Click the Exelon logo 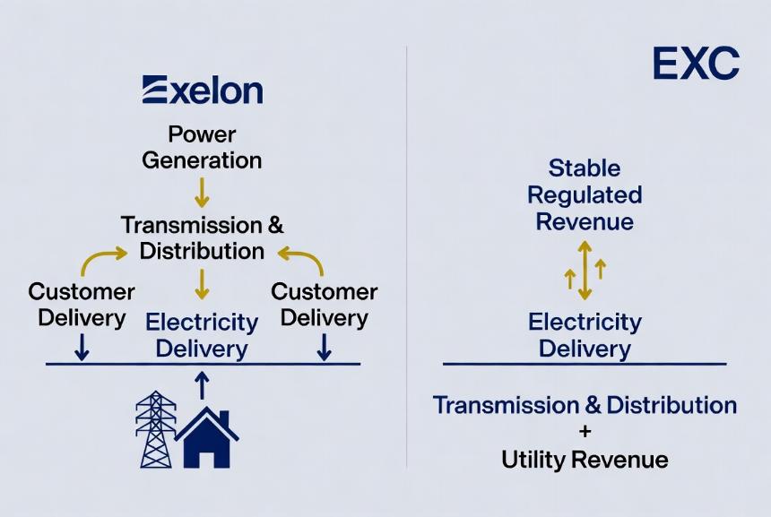tap(203, 90)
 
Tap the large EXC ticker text tap(696, 64)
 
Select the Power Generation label tap(202, 148)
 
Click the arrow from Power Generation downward tap(202, 193)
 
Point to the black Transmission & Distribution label tap(202, 237)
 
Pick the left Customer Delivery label tap(82, 305)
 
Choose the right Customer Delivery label tap(324, 305)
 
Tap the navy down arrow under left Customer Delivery tap(82, 347)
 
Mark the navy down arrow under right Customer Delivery tap(324, 347)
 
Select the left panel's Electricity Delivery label tap(202, 336)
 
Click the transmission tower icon tap(156, 429)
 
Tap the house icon tap(207, 437)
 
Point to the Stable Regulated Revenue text tap(585, 194)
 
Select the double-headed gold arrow tap(585, 270)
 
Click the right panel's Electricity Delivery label tap(585, 336)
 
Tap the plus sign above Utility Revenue tap(585, 432)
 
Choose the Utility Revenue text tap(585, 460)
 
